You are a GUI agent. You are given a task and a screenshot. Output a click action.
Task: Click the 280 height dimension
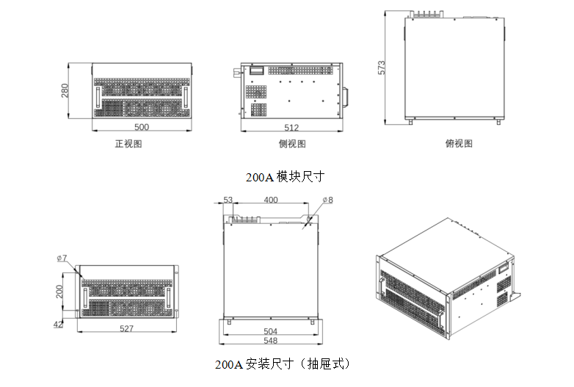pyautogui.click(x=65, y=90)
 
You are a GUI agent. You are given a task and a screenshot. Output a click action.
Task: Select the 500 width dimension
pyautogui.click(x=142, y=126)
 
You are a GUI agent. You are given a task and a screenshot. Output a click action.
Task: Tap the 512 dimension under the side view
pyautogui.click(x=291, y=127)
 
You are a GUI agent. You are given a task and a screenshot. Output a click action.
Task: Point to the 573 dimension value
pyautogui.click(x=382, y=68)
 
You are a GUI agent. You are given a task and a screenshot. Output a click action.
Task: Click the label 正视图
pyautogui.click(x=128, y=144)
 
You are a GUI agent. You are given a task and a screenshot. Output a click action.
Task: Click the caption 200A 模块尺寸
pyautogui.click(x=285, y=177)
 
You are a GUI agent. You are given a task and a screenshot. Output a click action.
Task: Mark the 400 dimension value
pyautogui.click(x=270, y=200)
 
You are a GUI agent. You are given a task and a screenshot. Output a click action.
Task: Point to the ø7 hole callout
pyautogui.click(x=62, y=258)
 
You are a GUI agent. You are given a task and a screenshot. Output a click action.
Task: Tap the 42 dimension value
pyautogui.click(x=58, y=323)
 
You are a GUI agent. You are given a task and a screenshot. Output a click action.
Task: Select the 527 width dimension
pyautogui.click(x=126, y=329)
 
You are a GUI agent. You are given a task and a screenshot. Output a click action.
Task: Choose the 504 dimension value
pyautogui.click(x=270, y=332)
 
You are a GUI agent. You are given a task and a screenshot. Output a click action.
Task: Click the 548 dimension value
pyautogui.click(x=270, y=341)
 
